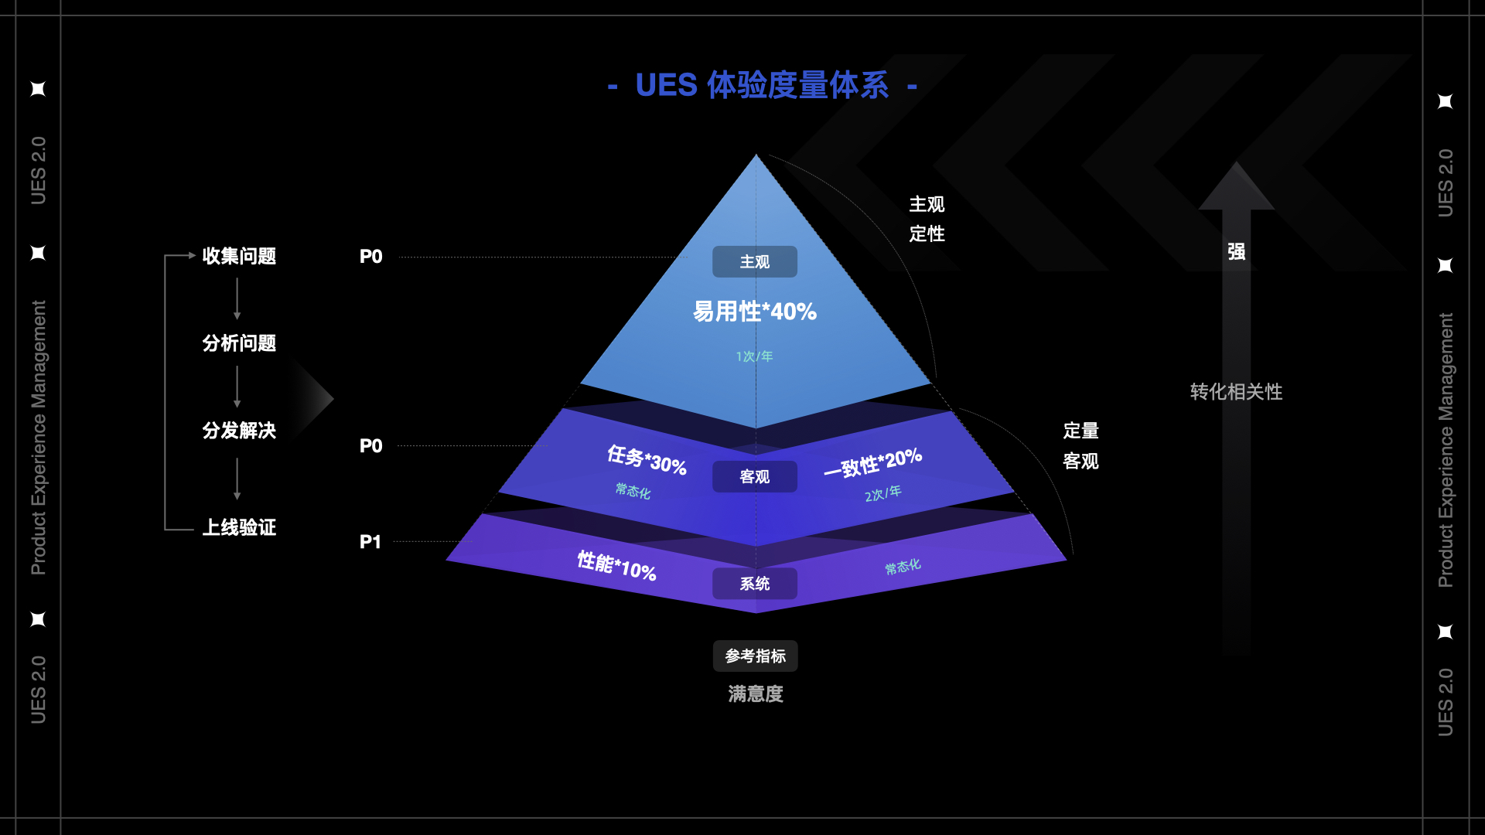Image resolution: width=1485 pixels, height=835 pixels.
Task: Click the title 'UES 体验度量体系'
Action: tap(762, 85)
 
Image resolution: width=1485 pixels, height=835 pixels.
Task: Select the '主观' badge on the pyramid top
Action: tap(754, 262)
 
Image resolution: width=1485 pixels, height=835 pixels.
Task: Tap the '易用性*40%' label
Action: tap(754, 312)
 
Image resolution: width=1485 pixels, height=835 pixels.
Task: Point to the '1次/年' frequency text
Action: tap(754, 356)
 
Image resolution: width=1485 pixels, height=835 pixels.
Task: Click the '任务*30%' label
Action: tap(647, 460)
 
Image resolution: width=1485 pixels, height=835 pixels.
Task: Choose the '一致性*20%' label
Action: tap(872, 462)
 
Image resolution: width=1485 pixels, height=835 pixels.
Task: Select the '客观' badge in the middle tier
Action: tap(754, 477)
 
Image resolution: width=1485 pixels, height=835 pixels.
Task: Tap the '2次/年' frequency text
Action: tap(882, 493)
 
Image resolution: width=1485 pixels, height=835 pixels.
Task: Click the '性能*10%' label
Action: tap(616, 566)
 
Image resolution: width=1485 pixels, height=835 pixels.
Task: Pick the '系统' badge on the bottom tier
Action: tap(754, 584)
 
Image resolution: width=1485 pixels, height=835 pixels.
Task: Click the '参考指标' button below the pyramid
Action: tap(755, 656)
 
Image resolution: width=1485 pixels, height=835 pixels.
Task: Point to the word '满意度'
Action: tap(755, 694)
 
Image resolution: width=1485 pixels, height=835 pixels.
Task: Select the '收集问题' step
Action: tap(239, 256)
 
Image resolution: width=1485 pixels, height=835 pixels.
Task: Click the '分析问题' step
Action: tap(239, 343)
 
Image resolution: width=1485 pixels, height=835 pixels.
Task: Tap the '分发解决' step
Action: tap(239, 431)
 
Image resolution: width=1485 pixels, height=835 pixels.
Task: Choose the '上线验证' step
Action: tap(239, 527)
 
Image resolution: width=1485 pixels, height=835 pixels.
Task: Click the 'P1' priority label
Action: tap(370, 542)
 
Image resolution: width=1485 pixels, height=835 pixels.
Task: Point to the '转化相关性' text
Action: tap(1236, 392)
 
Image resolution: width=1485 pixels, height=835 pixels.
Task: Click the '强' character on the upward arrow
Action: tap(1236, 252)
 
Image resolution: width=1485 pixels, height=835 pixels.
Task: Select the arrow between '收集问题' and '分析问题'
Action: tap(237, 299)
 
